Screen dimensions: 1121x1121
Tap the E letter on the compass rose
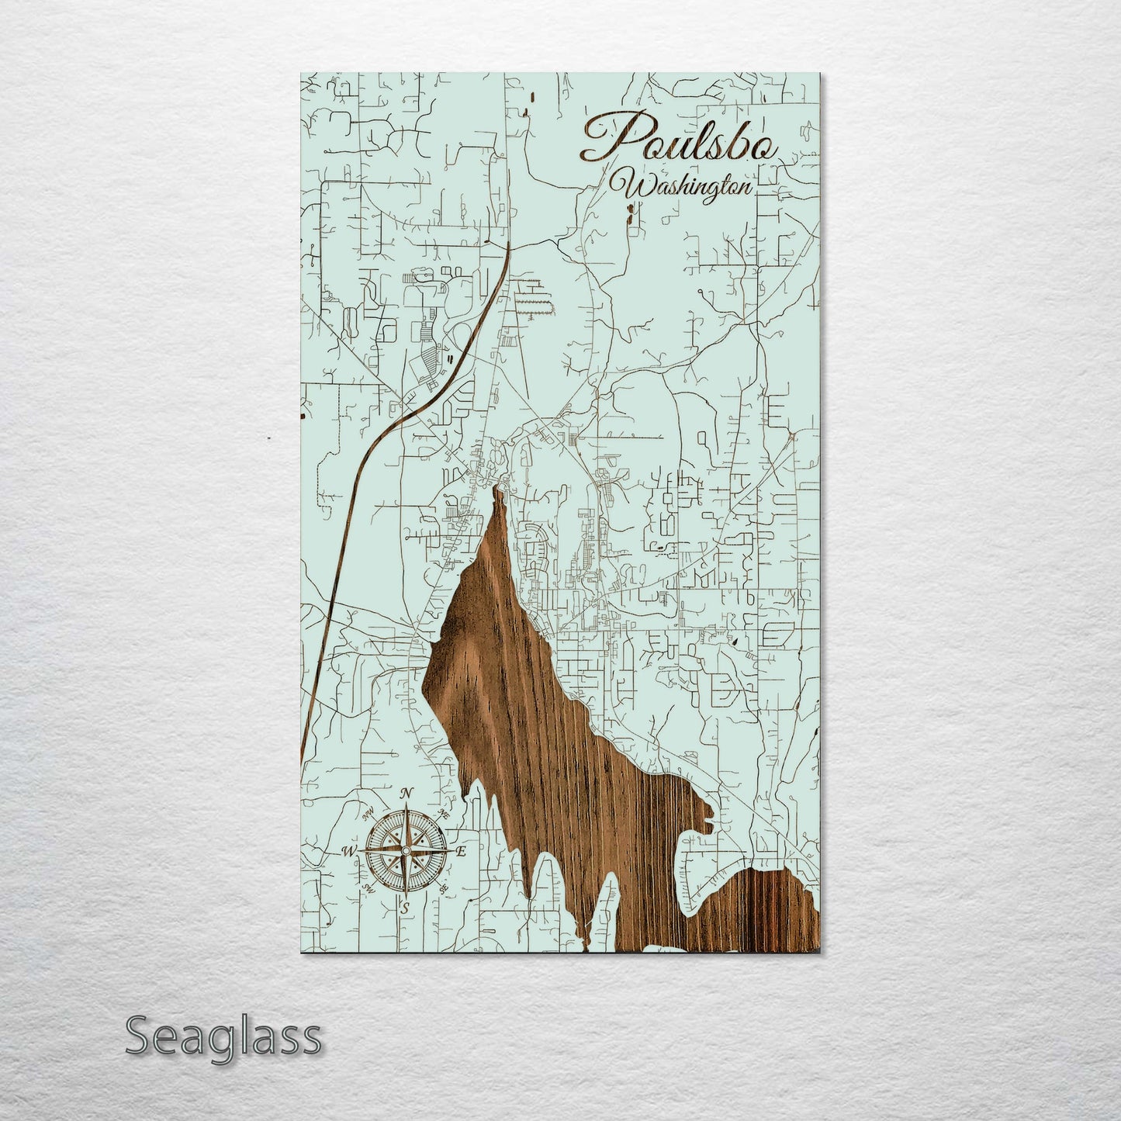pos(460,852)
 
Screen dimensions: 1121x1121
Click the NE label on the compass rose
pos(444,813)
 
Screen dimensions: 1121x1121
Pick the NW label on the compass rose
pos(367,814)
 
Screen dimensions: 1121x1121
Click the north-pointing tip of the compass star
pos(404,807)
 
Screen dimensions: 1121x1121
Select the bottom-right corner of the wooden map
pos(820,953)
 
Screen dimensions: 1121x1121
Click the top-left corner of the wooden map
pos(301,74)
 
